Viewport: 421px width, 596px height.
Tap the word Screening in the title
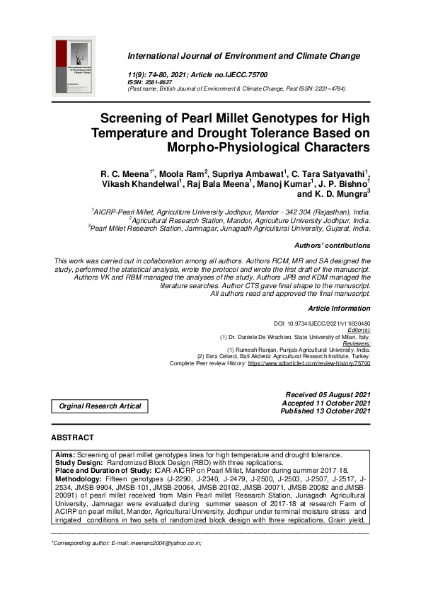pyautogui.click(x=135, y=119)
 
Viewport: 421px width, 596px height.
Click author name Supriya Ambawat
pyautogui.click(x=249, y=173)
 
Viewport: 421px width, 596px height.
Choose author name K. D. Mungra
pyautogui.click(x=341, y=193)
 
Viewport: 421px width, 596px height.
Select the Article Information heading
pyautogui.click(x=339, y=309)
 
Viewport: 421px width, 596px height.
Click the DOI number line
pyautogui.click(x=322, y=323)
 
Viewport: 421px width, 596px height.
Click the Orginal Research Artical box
pyautogui.click(x=99, y=406)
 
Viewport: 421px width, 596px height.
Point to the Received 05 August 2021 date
pyautogui.click(x=327, y=394)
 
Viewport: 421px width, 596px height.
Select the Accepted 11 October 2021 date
pyautogui.click(x=326, y=403)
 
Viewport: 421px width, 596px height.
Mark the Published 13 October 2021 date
pyautogui.click(x=325, y=411)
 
